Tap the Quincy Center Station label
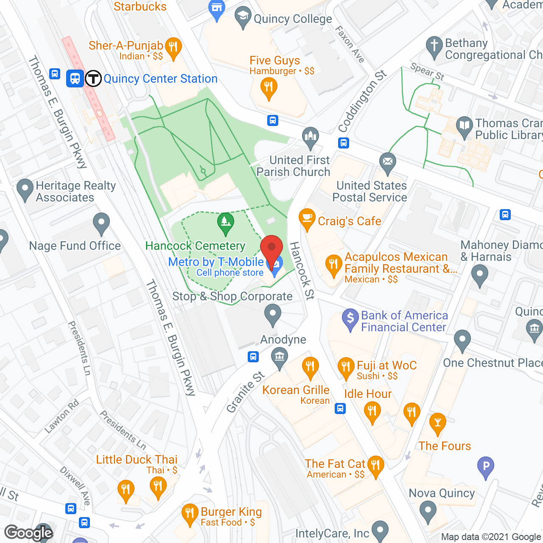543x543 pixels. pyautogui.click(x=160, y=79)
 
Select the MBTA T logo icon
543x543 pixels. pyautogui.click(x=93, y=78)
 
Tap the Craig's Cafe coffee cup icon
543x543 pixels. pyautogui.click(x=307, y=219)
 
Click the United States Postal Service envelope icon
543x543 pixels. pyautogui.click(x=387, y=162)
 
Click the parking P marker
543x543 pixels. pyautogui.click(x=486, y=466)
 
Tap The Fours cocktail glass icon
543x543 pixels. pyautogui.click(x=437, y=423)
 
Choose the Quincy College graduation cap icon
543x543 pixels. pyautogui.click(x=243, y=17)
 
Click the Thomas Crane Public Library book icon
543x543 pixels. pyautogui.click(x=465, y=126)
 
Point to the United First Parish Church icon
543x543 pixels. pyautogui.click(x=311, y=137)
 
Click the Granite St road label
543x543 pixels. pyautogui.click(x=246, y=392)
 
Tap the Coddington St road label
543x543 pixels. pyautogui.click(x=362, y=101)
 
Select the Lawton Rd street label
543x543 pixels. pyautogui.click(x=62, y=416)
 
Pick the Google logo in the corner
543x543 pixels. pyautogui.click(x=29, y=533)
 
